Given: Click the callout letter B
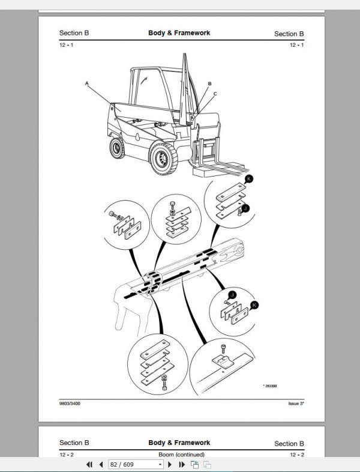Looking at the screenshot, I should click(x=209, y=83).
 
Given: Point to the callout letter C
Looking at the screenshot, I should click(x=215, y=94).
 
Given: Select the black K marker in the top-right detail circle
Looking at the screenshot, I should click(x=250, y=179).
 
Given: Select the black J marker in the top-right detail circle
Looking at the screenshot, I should click(x=245, y=208).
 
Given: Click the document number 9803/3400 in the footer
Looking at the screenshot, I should click(x=70, y=403).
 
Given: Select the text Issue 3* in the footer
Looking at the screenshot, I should click(x=296, y=403).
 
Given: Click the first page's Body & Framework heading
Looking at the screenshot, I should click(x=179, y=33).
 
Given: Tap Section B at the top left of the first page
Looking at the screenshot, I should click(x=74, y=34).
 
